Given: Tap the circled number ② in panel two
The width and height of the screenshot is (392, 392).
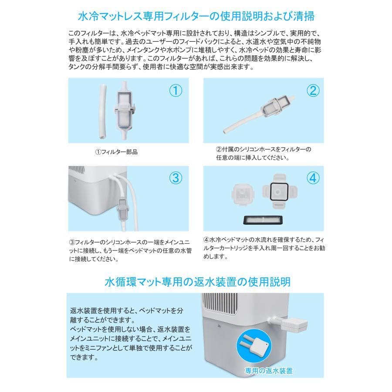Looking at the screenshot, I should pyautogui.click(x=312, y=91).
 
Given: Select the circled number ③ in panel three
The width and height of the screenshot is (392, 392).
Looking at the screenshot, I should pyautogui.click(x=175, y=178).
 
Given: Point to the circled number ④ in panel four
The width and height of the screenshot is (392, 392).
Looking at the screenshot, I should pyautogui.click(x=312, y=178).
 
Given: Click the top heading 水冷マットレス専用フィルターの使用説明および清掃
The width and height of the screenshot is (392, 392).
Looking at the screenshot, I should pyautogui.click(x=196, y=17).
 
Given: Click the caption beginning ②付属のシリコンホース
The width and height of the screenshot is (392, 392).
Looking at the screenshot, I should pyautogui.click(x=264, y=153).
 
